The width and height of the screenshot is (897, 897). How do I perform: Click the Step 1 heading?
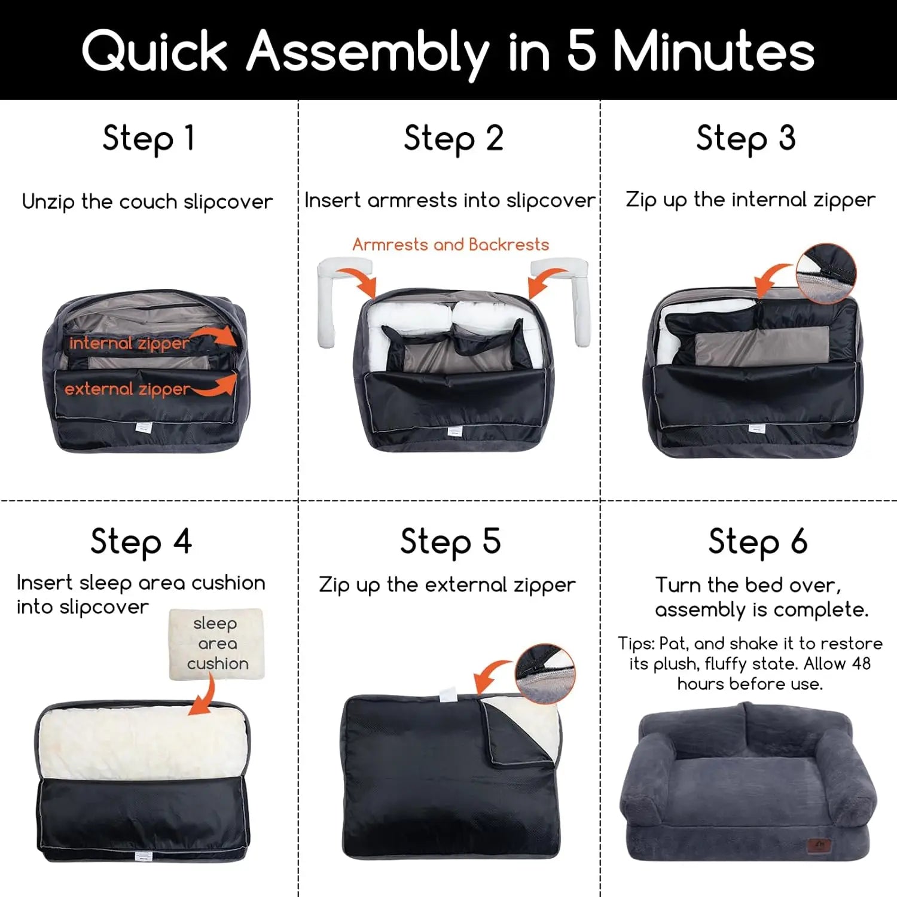point(148,139)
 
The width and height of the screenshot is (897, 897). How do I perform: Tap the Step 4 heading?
point(141,542)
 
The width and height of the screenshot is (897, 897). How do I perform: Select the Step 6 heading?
point(758,542)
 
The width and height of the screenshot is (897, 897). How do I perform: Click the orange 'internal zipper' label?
point(129,343)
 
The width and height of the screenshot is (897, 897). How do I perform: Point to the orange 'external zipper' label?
point(127,389)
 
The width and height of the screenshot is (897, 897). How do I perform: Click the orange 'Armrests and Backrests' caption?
point(450,245)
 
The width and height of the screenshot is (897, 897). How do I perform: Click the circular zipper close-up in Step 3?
point(826,273)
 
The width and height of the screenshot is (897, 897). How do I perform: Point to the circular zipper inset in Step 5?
point(545,674)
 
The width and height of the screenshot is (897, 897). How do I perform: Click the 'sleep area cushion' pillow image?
point(216,644)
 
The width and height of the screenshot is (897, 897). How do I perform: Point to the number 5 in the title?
point(581,50)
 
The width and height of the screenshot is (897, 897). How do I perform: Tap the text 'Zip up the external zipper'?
point(447,585)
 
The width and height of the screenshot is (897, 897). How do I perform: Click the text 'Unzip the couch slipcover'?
point(147,202)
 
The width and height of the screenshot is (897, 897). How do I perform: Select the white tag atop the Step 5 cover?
point(448,694)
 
